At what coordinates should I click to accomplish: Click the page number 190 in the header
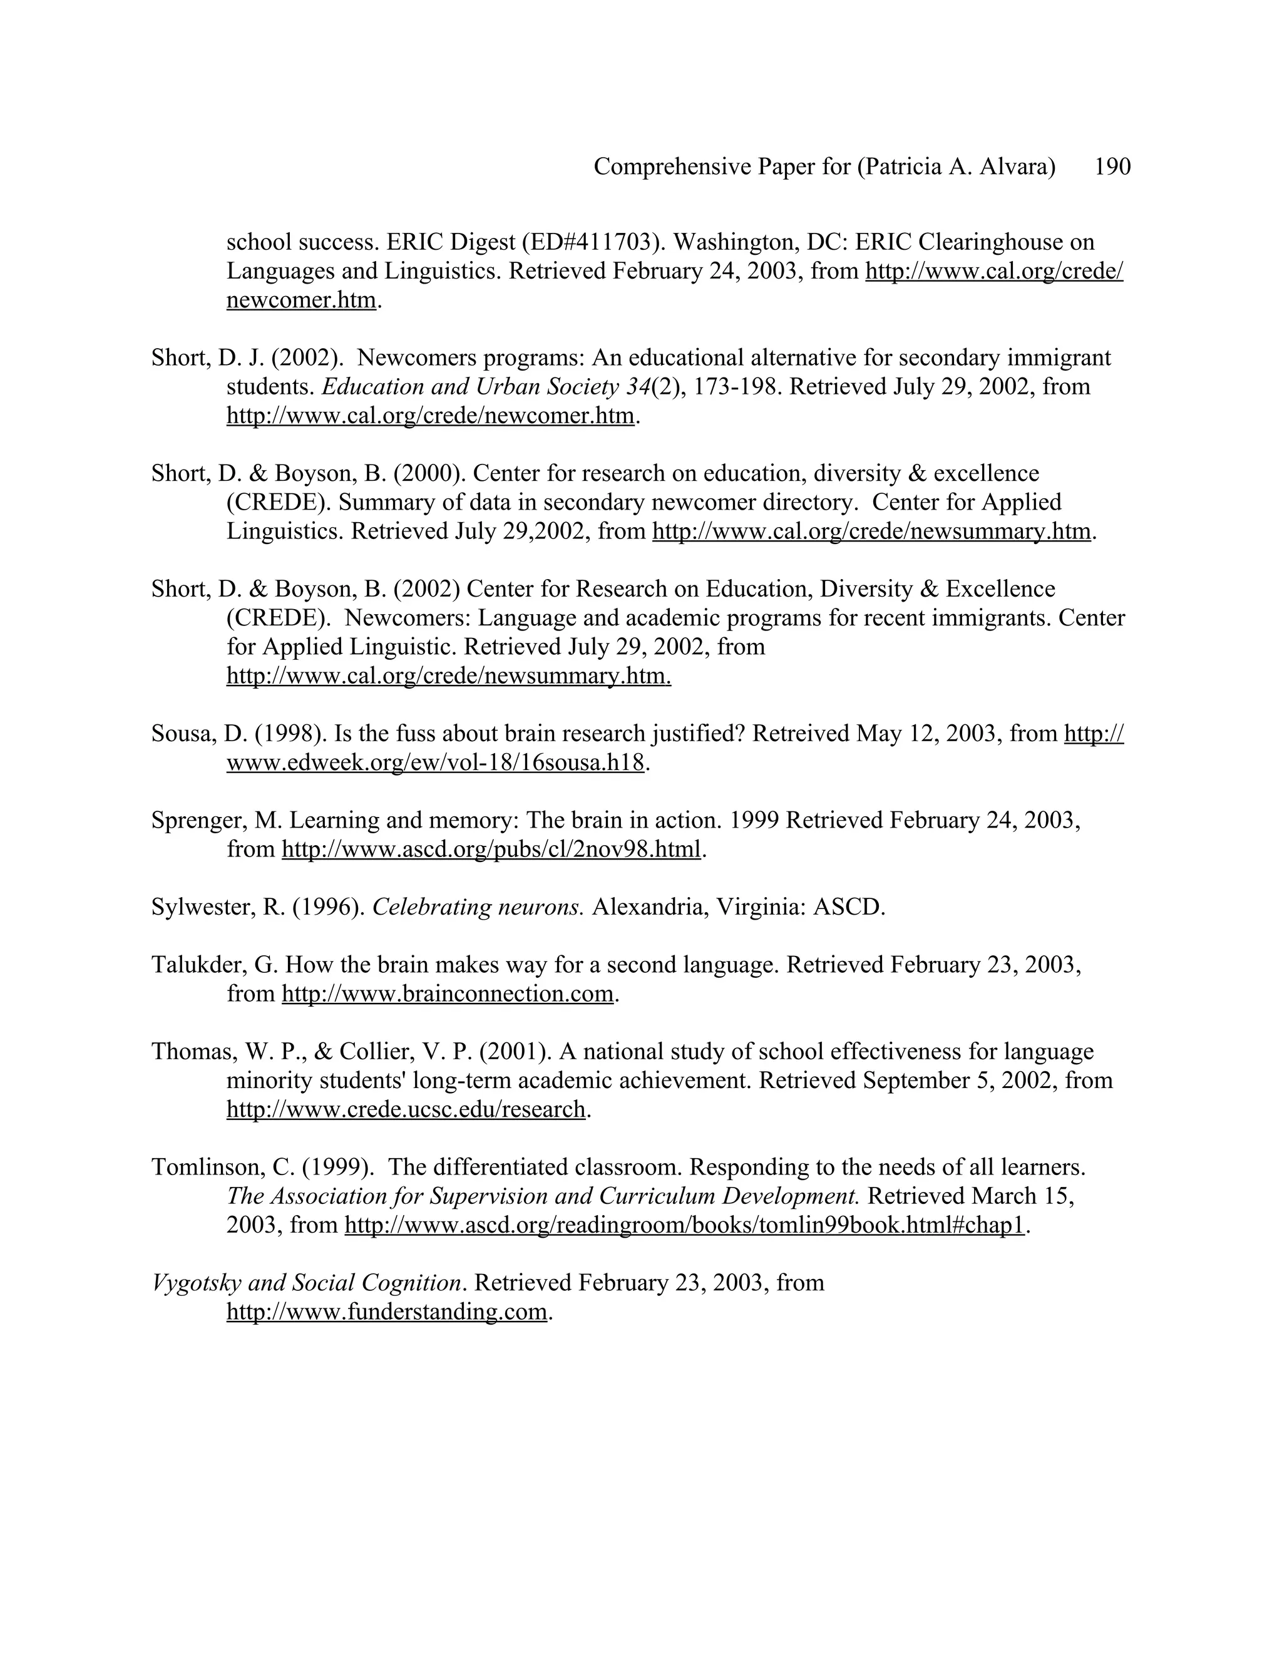click(1112, 167)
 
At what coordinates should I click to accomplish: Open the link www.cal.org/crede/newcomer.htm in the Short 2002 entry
click(430, 416)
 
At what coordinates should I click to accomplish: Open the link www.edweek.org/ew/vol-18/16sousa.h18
click(435, 763)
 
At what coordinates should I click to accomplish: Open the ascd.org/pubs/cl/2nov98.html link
click(491, 850)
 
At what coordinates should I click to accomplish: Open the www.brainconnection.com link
click(448, 994)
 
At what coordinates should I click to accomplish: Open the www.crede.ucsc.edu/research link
click(406, 1110)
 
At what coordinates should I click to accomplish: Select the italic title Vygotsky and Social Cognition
click(307, 1283)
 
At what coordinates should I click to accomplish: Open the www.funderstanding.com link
click(387, 1312)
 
